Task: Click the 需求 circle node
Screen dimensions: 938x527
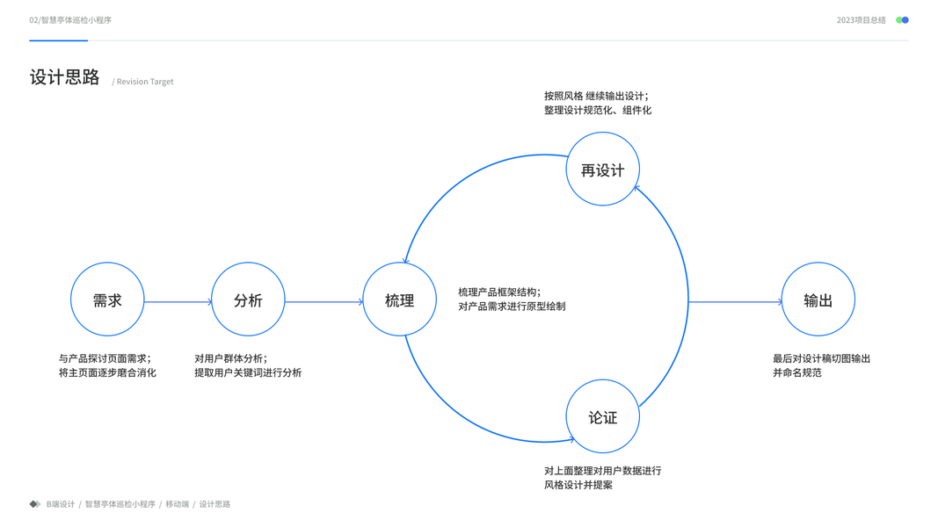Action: (x=107, y=300)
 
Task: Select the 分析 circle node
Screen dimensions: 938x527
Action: (x=248, y=300)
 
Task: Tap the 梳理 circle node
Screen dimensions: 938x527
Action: (x=399, y=300)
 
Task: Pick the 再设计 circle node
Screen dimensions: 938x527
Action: (x=602, y=170)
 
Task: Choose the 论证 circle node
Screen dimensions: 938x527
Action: (x=602, y=417)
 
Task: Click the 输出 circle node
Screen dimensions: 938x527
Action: (x=818, y=300)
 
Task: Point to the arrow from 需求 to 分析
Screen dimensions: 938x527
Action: (x=178, y=302)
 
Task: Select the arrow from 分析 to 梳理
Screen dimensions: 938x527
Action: (x=324, y=302)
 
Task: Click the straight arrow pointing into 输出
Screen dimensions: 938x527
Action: (x=735, y=302)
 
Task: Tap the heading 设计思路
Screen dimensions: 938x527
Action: (x=65, y=77)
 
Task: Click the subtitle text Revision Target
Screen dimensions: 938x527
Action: (x=145, y=82)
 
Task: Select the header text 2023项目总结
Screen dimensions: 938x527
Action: (x=861, y=20)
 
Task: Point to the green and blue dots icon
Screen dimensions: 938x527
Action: (x=902, y=20)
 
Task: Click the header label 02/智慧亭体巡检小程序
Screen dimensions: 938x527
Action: (x=70, y=20)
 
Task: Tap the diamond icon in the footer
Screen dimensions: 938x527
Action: (x=35, y=504)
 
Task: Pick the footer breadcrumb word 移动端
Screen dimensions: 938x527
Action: (x=177, y=504)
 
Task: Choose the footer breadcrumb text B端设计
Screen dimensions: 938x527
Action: (x=61, y=504)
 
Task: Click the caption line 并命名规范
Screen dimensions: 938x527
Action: (x=797, y=372)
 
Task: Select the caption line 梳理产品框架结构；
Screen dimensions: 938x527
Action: (x=499, y=292)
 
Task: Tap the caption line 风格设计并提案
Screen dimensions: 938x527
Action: (x=578, y=485)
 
